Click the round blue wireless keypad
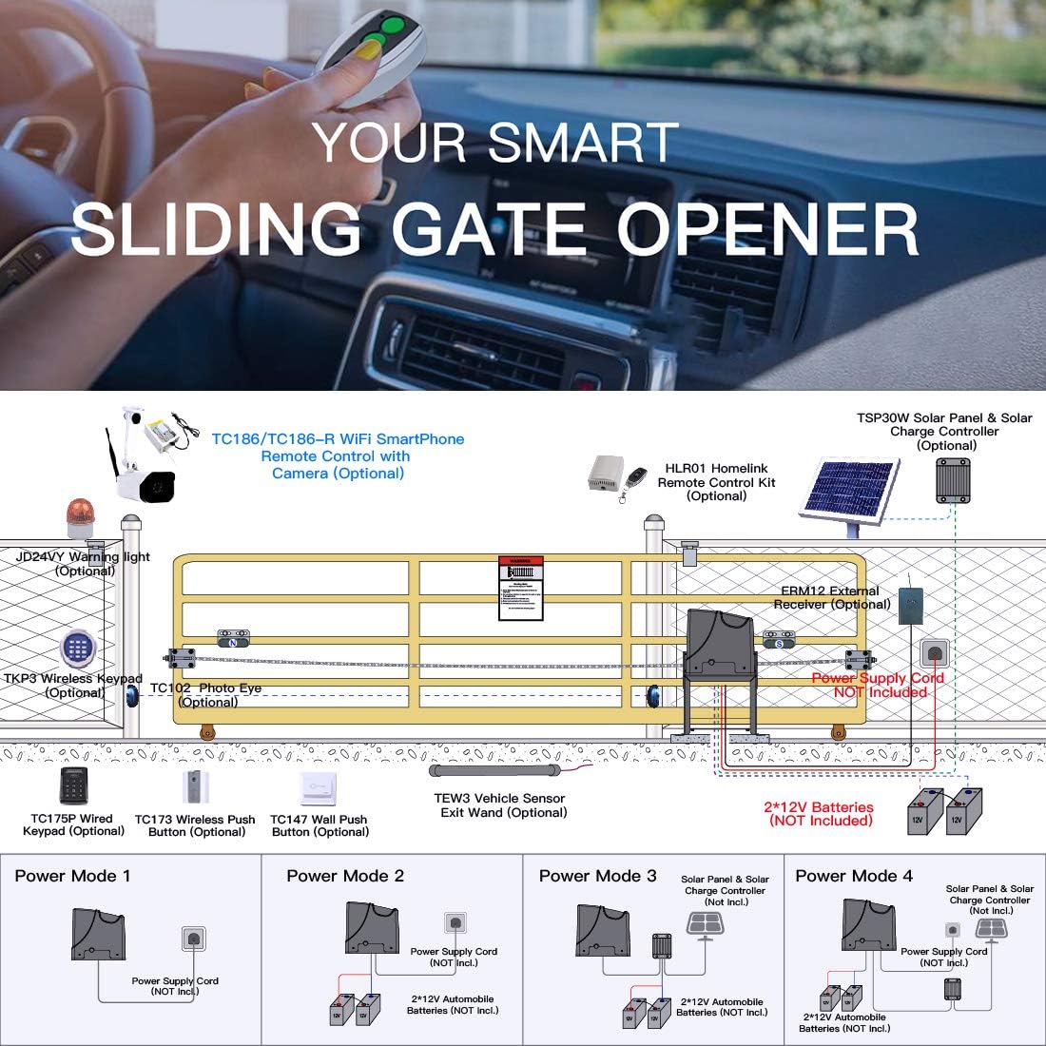click(x=78, y=649)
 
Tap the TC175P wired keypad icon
click(x=73, y=786)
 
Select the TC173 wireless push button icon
click(x=196, y=787)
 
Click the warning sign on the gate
click(x=521, y=589)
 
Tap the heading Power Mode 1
click(x=72, y=876)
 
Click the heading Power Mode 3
click(x=597, y=876)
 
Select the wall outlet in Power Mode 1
click(x=194, y=939)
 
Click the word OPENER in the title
click(x=767, y=229)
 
